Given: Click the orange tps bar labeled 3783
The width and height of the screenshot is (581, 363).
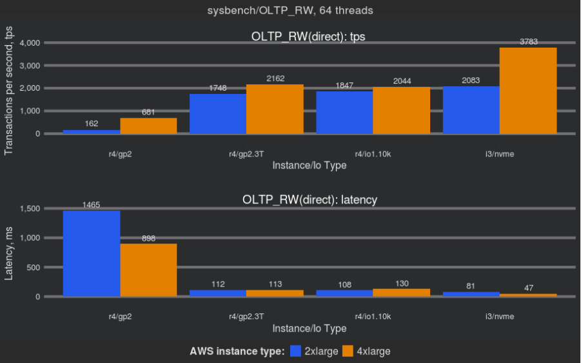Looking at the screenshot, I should coord(528,91).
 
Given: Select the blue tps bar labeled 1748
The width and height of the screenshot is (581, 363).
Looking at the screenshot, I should coord(218,114).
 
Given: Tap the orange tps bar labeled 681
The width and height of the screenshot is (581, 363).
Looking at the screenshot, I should coord(148,126).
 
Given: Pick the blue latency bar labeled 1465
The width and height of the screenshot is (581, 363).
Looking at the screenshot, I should coord(92,254).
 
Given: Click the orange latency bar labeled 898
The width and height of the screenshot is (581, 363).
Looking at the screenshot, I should coord(148,270).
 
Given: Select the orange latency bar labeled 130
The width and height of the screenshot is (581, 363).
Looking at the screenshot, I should coord(402,293).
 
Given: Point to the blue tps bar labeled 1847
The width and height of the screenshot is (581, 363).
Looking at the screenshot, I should coord(344,113).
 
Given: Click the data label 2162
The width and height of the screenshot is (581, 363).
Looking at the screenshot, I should coord(275,79).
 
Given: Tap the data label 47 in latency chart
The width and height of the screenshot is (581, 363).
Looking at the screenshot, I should coord(528,288).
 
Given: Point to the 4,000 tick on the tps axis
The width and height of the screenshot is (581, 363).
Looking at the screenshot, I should coord(30,43).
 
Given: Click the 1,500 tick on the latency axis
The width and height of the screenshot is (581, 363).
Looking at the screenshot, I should coord(30,209).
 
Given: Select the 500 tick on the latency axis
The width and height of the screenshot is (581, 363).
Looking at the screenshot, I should coord(34,268).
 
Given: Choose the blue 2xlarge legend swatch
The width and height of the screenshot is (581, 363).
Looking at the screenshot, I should coord(296,351).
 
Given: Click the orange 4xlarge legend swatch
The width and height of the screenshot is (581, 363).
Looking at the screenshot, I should coord(348,351).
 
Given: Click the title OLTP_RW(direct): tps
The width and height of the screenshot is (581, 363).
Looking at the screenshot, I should coord(308,36).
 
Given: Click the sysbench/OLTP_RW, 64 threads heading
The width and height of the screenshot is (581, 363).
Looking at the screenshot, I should coord(290,10).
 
